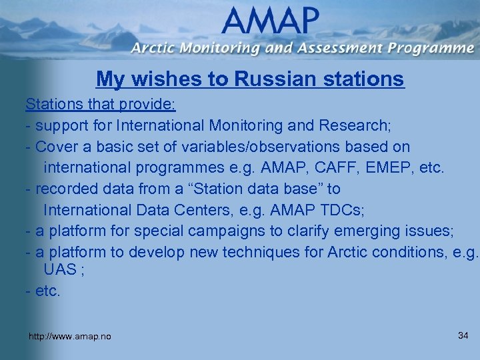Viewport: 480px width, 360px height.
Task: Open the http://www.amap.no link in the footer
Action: click(70, 337)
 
